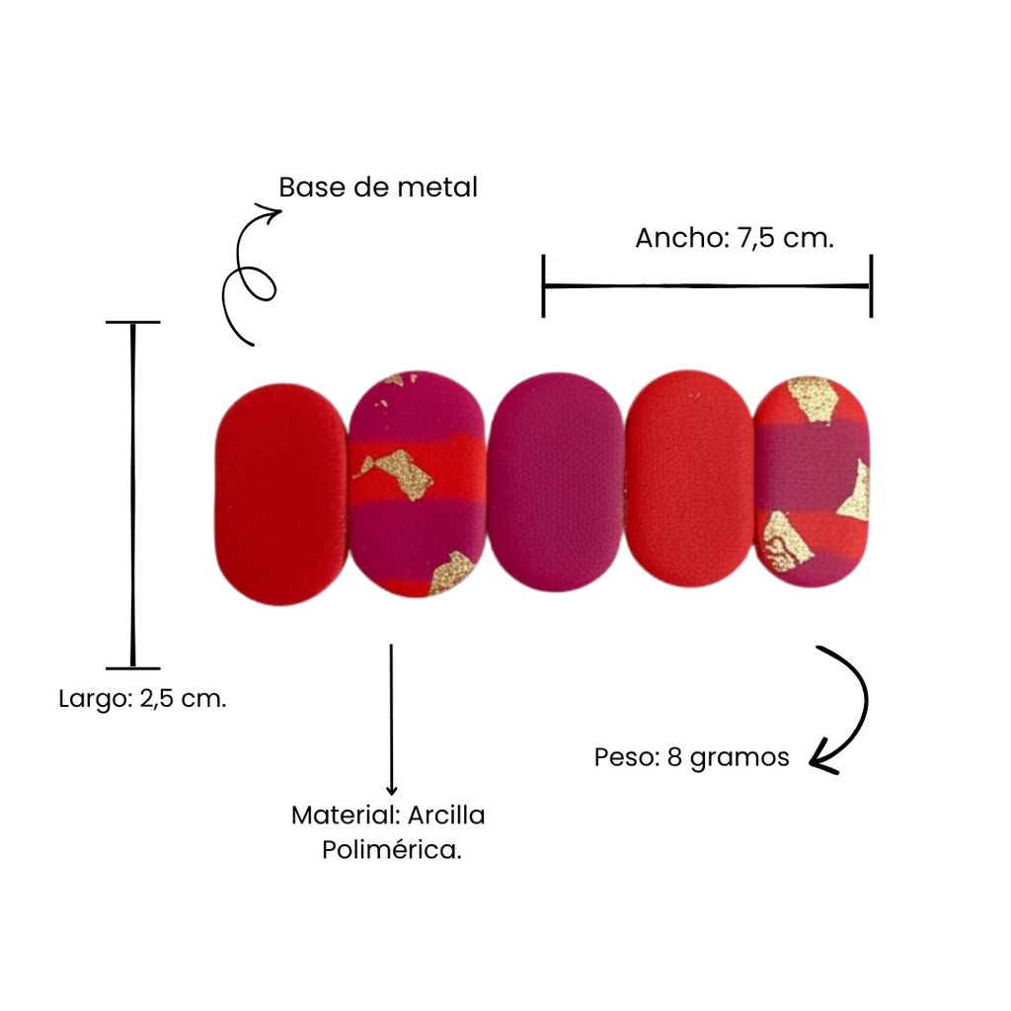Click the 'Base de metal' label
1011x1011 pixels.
[378, 188]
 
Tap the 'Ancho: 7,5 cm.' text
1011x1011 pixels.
[735, 238]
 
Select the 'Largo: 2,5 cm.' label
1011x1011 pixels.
[142, 699]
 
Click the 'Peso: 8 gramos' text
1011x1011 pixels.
[691, 757]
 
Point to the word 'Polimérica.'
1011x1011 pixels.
[392, 850]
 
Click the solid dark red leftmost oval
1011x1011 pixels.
[281, 495]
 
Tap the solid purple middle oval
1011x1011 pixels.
[556, 482]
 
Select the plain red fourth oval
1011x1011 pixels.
[689, 479]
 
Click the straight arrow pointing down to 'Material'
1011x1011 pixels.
[391, 720]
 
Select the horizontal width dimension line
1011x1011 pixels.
[707, 285]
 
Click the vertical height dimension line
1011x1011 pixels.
[133, 495]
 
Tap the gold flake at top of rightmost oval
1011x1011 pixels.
[812, 401]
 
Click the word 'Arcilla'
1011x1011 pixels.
[446, 816]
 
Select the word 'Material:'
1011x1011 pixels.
[346, 816]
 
